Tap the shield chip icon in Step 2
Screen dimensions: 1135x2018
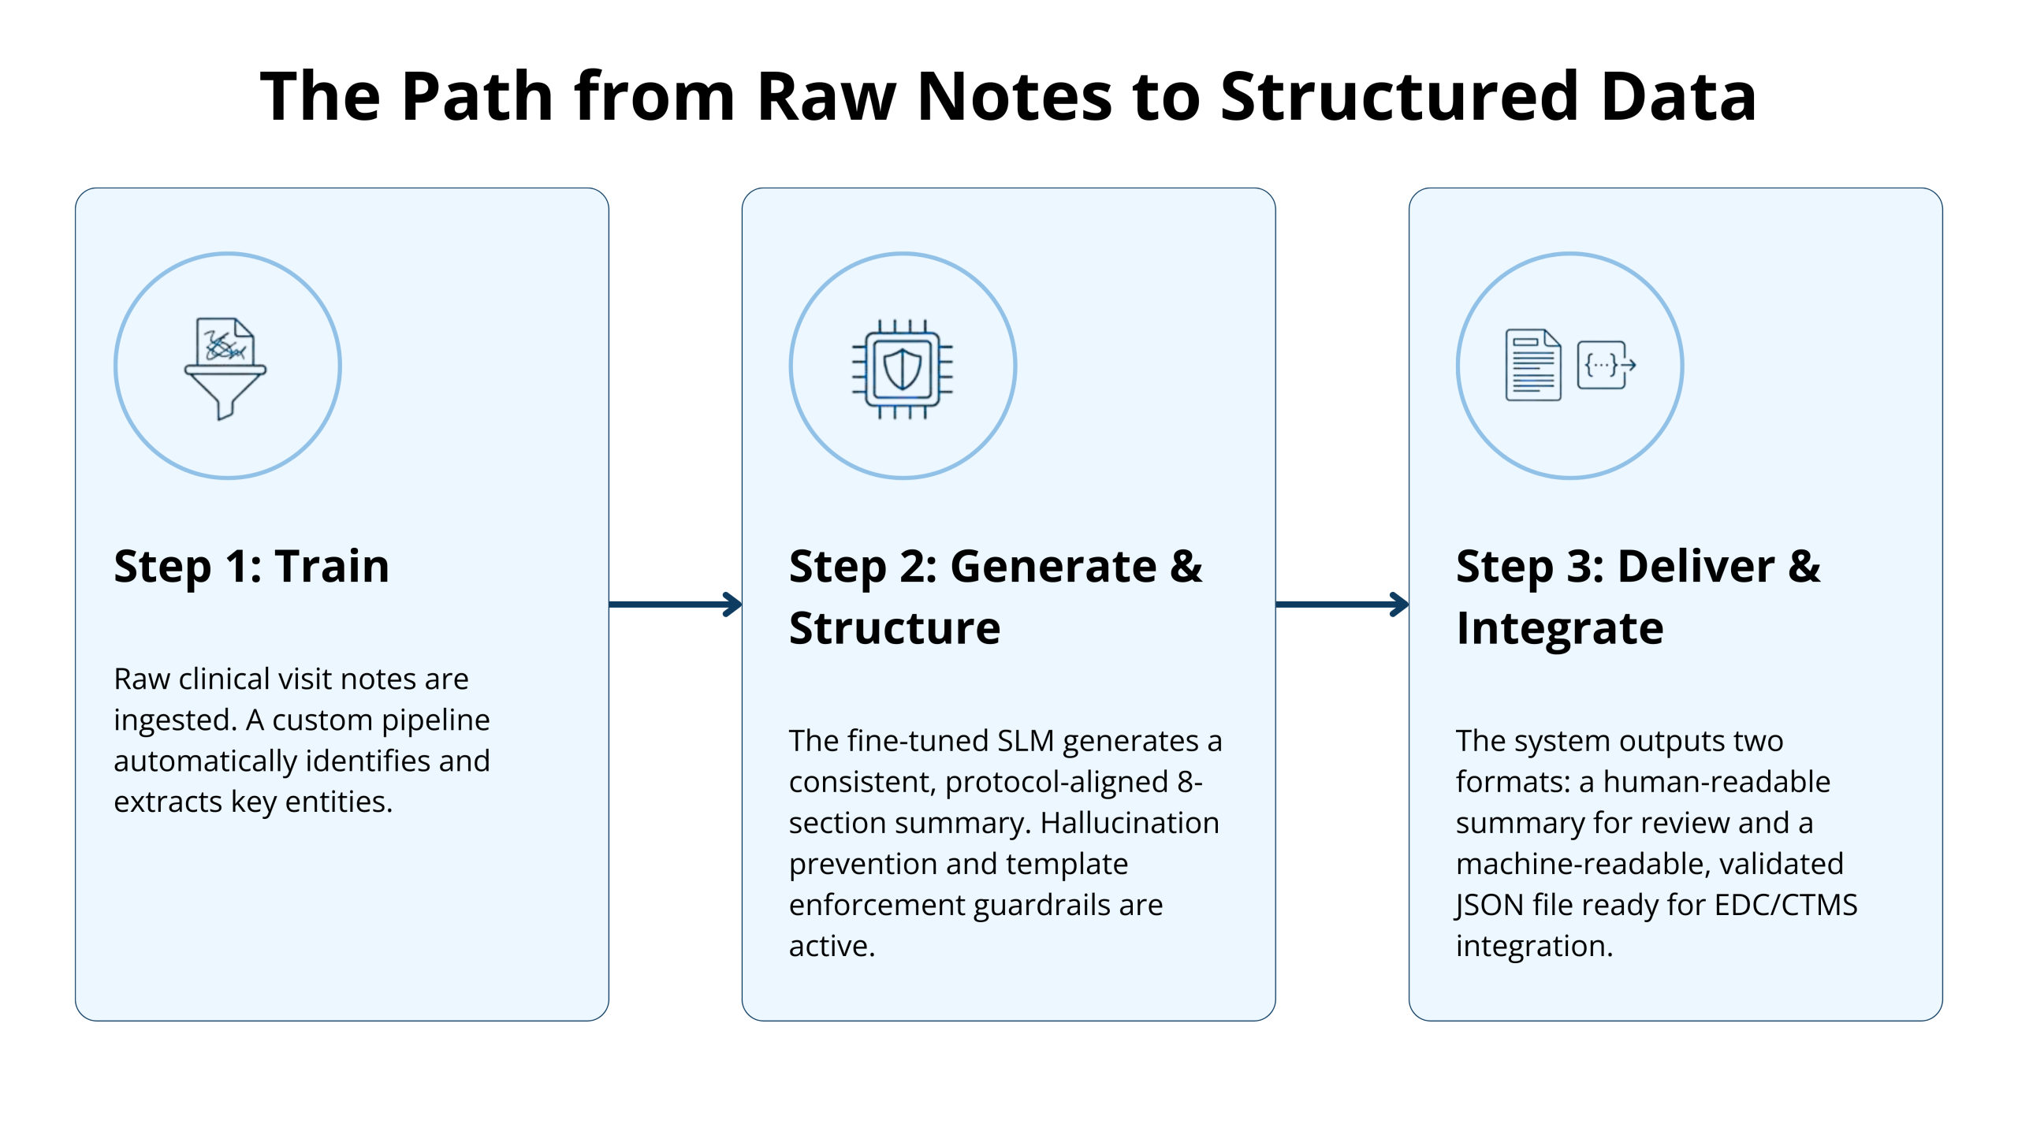[903, 368]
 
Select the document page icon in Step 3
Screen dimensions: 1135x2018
[1532, 365]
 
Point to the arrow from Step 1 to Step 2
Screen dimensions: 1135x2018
[675, 605]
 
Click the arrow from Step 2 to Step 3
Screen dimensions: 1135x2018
[1342, 605]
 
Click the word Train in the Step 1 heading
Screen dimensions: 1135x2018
[332, 566]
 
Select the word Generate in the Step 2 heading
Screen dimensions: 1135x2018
[1053, 566]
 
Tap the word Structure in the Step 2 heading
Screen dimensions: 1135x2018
[895, 628]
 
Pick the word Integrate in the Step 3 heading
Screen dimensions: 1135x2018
[1559, 628]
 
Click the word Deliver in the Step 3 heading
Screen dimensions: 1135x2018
[1696, 566]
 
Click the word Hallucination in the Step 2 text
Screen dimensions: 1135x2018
[1129, 823]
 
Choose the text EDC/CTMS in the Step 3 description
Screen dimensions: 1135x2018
[1785, 905]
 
